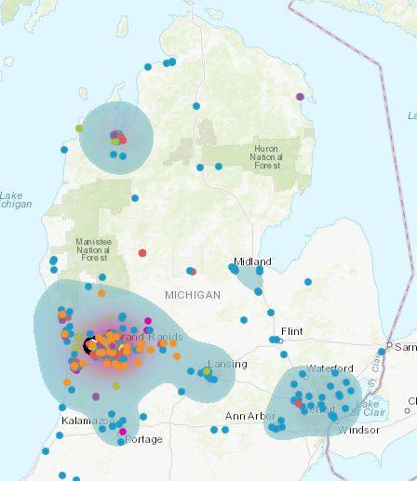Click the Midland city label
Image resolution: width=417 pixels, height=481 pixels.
(253, 261)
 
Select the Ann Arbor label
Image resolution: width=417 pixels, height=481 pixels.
(249, 416)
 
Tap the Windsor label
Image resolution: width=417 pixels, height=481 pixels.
(358, 430)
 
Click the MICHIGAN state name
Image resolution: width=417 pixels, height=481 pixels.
(193, 295)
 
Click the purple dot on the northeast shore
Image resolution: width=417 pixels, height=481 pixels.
(300, 96)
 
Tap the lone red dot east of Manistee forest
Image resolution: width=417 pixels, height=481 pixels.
(142, 252)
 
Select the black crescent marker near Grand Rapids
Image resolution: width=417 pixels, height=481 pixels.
(90, 346)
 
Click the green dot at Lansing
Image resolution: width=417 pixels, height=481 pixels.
(207, 372)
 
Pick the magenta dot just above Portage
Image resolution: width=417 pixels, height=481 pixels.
(123, 431)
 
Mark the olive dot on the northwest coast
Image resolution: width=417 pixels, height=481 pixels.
(79, 128)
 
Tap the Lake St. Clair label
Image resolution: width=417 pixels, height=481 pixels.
(370, 405)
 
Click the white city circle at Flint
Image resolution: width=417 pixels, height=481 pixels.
(276, 341)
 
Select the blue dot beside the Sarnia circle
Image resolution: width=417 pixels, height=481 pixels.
(381, 351)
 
